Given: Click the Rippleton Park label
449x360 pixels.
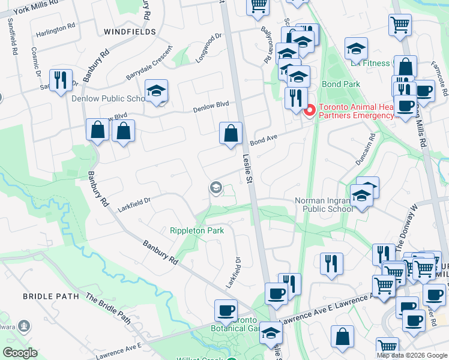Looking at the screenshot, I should [197, 230].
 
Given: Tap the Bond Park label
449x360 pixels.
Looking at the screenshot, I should [341, 85].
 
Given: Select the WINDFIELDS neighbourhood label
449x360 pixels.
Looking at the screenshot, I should [130, 31].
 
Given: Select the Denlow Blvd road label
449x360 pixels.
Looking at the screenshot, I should [211, 104].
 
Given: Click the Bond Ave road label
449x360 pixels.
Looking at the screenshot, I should [264, 139].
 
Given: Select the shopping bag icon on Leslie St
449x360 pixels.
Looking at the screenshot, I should [231, 133].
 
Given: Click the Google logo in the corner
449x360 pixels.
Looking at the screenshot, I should [20, 353].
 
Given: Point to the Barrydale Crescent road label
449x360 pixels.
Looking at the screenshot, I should [149, 62].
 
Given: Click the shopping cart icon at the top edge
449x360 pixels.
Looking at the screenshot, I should [258, 6].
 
